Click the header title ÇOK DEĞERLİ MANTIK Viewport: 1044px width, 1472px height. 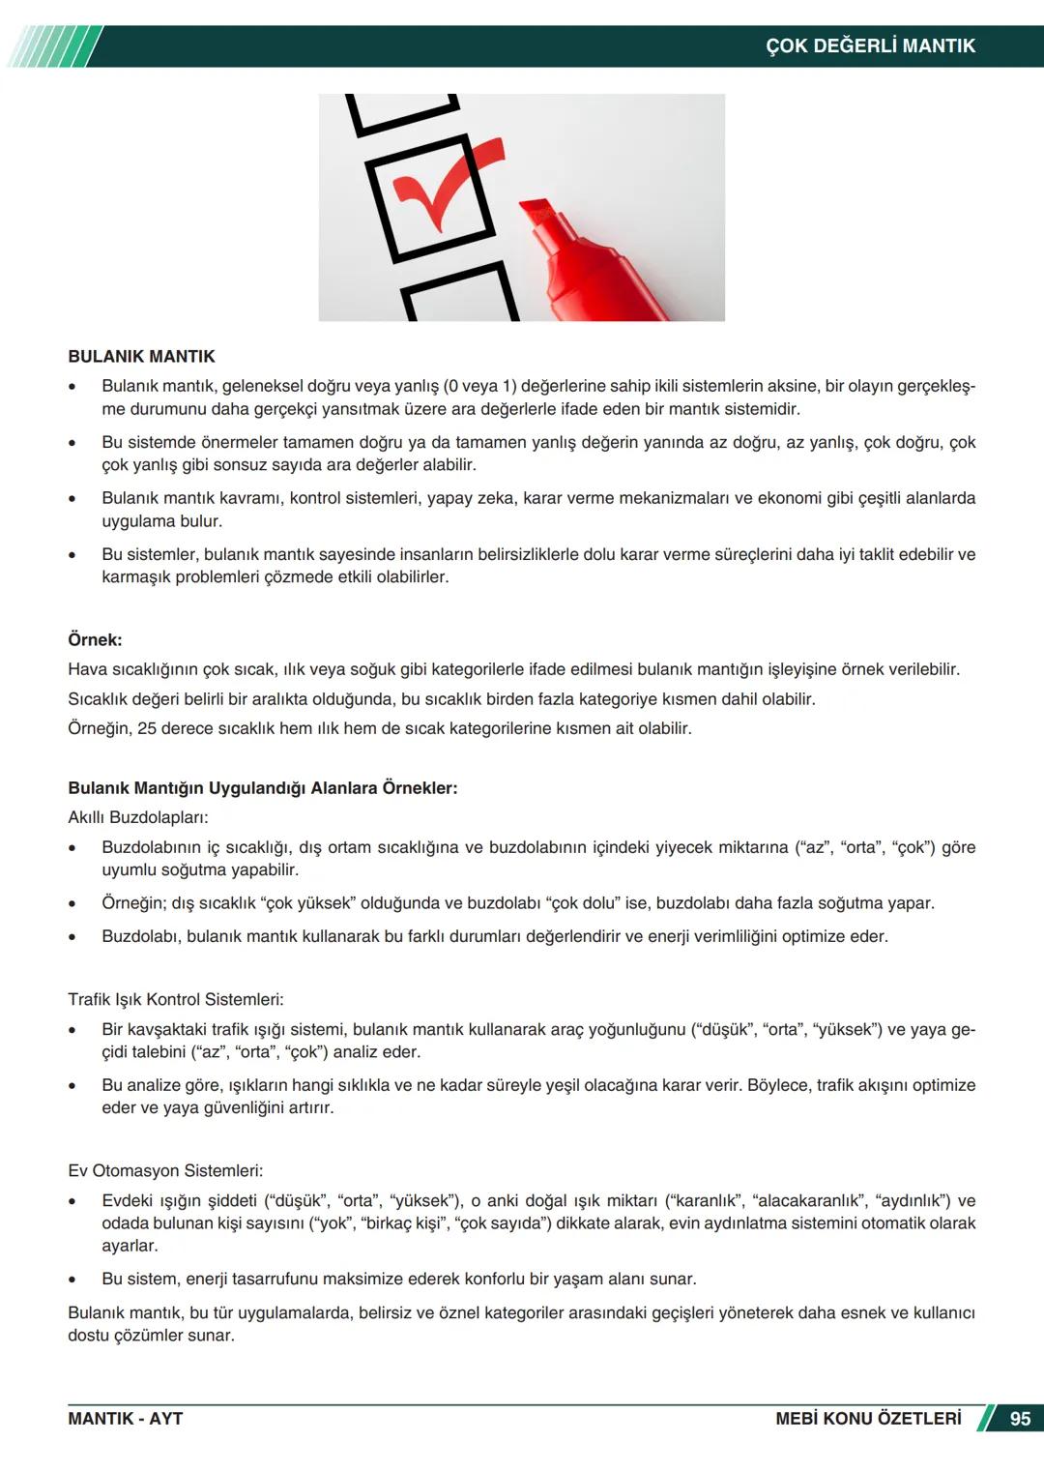click(x=870, y=45)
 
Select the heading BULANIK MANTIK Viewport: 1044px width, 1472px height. click(x=141, y=356)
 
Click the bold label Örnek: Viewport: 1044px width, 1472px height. click(x=95, y=639)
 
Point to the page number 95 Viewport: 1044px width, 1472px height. click(x=1020, y=1418)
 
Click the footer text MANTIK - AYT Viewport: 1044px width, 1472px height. click(x=125, y=1418)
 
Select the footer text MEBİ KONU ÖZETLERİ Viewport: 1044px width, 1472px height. click(x=868, y=1418)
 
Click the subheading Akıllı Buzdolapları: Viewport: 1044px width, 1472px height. click(x=137, y=817)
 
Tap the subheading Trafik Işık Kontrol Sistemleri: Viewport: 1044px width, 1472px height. click(x=175, y=999)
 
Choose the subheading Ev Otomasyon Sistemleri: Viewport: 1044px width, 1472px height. click(x=165, y=1170)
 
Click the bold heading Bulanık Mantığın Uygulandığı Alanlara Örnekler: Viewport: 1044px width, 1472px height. click(x=262, y=787)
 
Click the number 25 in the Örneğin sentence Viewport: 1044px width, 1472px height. click(x=147, y=727)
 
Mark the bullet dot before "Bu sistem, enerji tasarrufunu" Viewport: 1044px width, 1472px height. click(x=72, y=1280)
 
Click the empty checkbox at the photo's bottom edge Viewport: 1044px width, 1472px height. click(x=459, y=295)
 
